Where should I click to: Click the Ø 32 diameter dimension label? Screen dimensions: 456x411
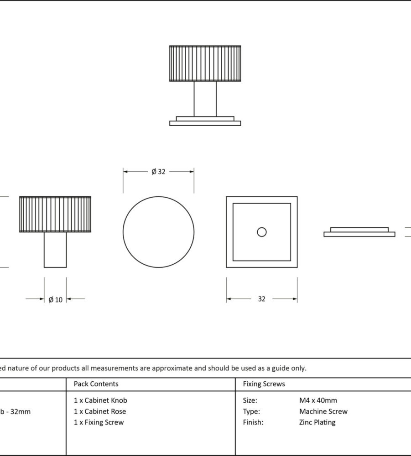click(158, 172)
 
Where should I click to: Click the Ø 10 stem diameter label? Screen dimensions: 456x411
click(55, 299)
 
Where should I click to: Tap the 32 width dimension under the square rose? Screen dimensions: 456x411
click(261, 299)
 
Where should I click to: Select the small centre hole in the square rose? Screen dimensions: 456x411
click(261, 232)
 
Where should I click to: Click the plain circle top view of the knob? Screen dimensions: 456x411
click(158, 232)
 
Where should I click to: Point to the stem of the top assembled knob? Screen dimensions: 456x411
click(205, 99)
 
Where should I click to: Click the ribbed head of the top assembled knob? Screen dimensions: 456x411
click(205, 64)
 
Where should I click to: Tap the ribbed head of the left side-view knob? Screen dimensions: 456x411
click(55, 214)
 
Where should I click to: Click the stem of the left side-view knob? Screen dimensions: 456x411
click(55, 250)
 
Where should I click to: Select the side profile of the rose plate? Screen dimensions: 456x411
click(359, 232)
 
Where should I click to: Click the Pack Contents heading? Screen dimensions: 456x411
click(96, 384)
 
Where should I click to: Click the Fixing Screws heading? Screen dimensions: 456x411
click(264, 384)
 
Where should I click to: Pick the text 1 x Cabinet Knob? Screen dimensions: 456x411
click(100, 400)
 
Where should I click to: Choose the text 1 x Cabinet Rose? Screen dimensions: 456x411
click(100, 411)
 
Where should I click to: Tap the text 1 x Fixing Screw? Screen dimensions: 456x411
click(99, 422)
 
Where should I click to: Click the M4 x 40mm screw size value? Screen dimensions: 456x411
click(318, 400)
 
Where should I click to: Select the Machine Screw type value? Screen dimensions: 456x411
click(323, 411)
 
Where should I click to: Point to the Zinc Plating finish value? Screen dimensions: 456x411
click(317, 422)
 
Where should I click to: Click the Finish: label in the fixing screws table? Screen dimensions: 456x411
click(253, 422)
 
